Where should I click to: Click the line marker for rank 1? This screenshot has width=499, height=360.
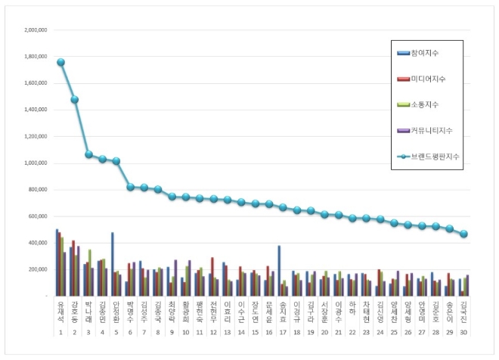coord(60,62)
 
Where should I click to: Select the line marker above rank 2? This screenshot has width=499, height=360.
coord(74,99)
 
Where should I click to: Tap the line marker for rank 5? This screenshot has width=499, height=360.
coord(116,161)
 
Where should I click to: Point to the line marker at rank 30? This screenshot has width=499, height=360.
coord(463,234)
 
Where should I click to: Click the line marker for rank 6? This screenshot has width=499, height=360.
coord(130,187)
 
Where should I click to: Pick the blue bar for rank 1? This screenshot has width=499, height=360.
coord(57,262)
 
